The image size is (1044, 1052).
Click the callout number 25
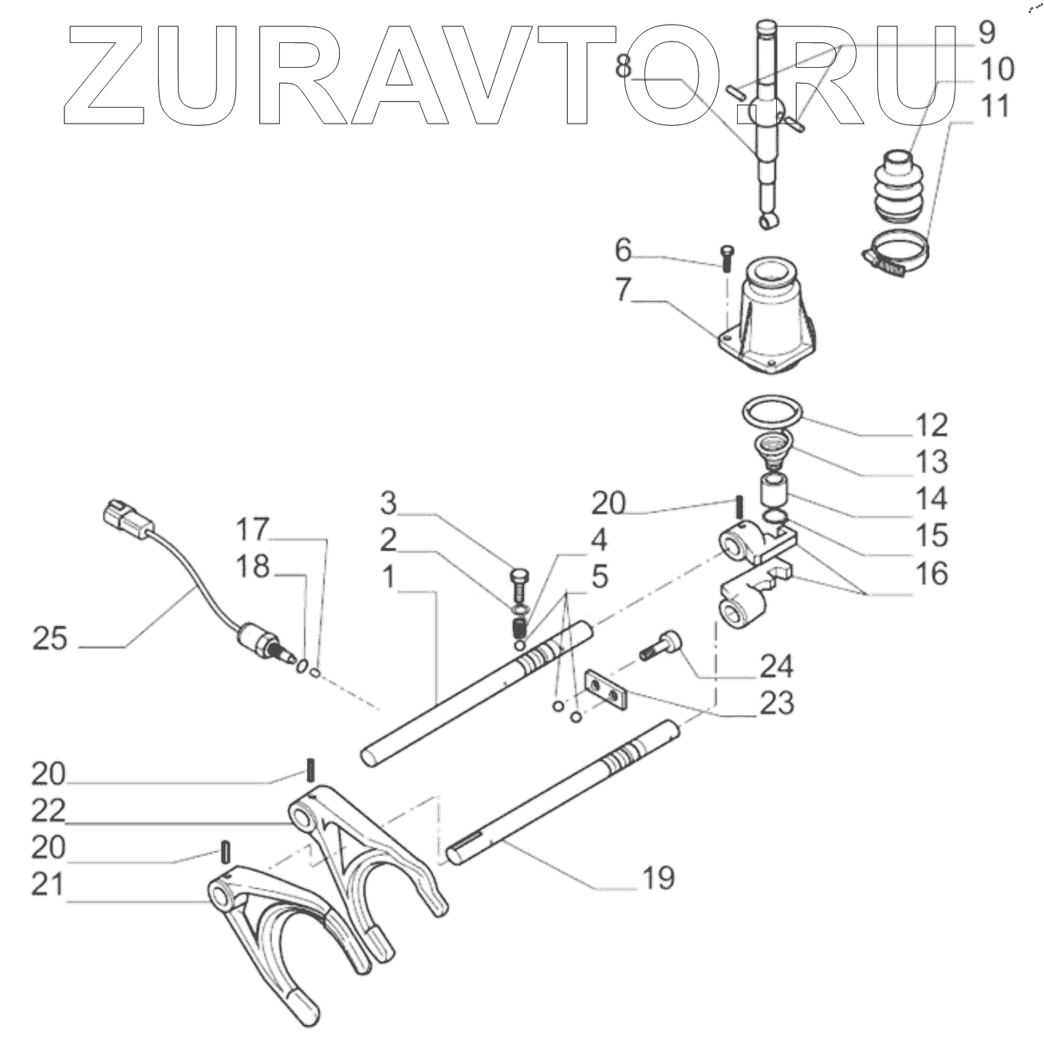coord(49,639)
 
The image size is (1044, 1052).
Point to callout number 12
coord(929,425)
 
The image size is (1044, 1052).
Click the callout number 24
coord(776,664)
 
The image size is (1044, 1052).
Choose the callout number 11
coord(992,106)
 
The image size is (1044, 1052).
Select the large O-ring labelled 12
coord(771,416)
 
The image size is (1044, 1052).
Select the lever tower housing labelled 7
coord(769,319)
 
